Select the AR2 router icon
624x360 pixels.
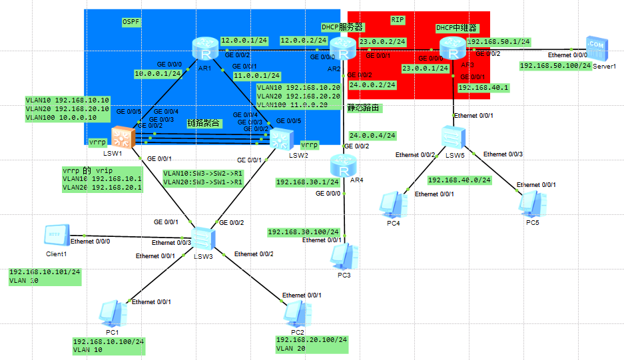pos(344,49)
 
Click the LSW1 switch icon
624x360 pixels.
pos(123,138)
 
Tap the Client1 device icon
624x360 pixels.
pos(55,236)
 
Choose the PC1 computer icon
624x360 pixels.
pos(111,315)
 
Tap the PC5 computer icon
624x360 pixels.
pos(532,204)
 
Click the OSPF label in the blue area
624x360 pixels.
pos(131,22)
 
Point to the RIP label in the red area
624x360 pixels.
pos(398,21)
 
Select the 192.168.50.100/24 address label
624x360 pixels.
pos(555,65)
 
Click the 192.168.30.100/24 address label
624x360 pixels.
pos(304,232)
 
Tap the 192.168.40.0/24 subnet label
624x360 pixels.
pos(460,180)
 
